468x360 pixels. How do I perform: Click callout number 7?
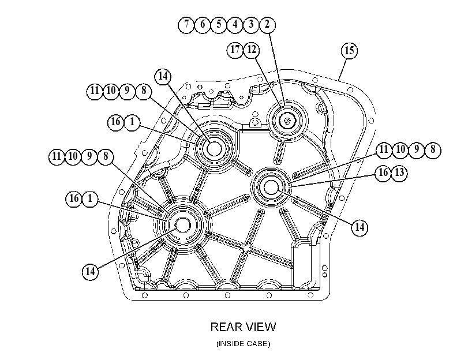coord(186,24)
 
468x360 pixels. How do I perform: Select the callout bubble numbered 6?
coord(203,24)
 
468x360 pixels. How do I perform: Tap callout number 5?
coord(219,24)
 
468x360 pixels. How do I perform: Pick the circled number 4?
coord(235,24)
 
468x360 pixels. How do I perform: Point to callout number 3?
coord(251,24)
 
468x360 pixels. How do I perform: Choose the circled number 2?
coord(267,24)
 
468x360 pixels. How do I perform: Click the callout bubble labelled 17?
coord(235,50)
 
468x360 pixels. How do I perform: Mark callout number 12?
coord(252,50)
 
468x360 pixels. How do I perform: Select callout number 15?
coord(349,51)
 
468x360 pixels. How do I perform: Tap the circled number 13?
coord(399,173)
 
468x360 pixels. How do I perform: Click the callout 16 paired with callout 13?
coord(383,173)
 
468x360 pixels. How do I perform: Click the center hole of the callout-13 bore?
coord(271,187)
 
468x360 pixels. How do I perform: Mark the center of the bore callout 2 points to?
coord(287,121)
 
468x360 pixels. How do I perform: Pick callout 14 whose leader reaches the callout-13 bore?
coord(360,227)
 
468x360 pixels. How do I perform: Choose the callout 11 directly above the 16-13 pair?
coord(384,149)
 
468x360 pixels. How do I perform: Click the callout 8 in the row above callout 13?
coord(432,149)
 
